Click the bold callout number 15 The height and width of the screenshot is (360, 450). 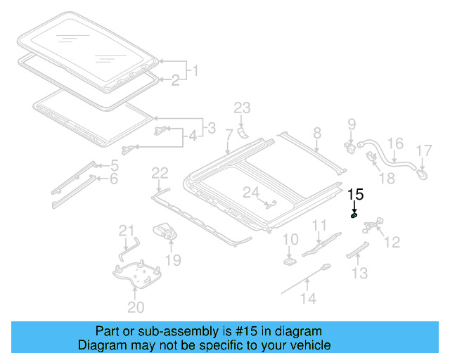[x=356, y=195]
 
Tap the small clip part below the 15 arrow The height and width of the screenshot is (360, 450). [x=355, y=216]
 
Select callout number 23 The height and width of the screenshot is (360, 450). [x=242, y=108]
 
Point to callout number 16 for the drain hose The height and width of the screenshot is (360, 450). [x=396, y=144]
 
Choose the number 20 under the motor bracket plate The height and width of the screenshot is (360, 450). [x=135, y=307]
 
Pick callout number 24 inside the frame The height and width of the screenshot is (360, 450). [x=251, y=192]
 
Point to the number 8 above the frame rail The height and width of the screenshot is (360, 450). [x=316, y=132]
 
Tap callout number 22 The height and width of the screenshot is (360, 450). [x=160, y=173]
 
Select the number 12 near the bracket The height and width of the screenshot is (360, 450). [x=392, y=242]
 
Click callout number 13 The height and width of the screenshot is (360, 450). [x=359, y=273]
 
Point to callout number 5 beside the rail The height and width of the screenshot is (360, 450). [x=114, y=166]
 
